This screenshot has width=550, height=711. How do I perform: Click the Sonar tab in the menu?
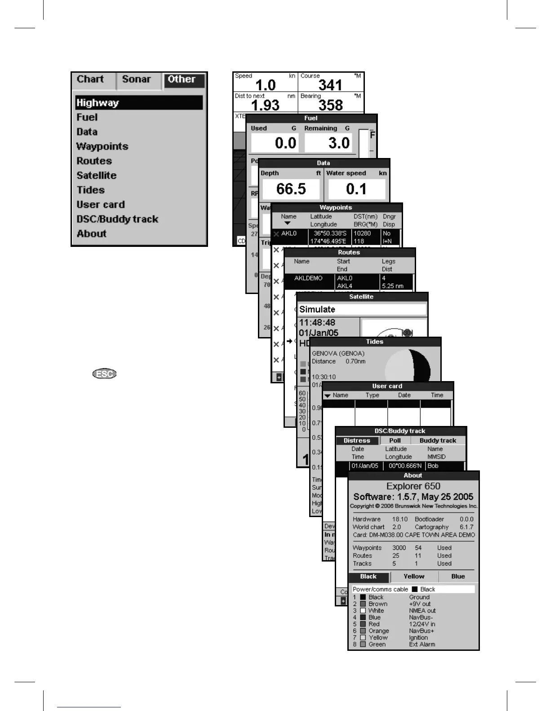(137, 79)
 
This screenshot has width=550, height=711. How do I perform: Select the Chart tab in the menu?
(90, 79)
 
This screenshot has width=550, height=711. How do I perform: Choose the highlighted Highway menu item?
(98, 103)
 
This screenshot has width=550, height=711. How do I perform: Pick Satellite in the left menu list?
(97, 176)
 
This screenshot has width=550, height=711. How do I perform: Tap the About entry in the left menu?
(92, 234)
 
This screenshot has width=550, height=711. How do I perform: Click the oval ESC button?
(104, 374)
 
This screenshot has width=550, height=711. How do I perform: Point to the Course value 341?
(330, 85)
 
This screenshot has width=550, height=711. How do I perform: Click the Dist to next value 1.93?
(265, 105)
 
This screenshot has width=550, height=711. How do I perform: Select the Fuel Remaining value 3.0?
(339, 143)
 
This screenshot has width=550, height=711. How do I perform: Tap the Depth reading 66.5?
(291, 189)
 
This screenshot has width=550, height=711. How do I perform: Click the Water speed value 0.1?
(356, 189)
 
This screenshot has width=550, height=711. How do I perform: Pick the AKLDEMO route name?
(308, 278)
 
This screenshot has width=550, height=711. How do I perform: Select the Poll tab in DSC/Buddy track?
(395, 440)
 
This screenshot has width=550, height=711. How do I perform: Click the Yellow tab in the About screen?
(414, 576)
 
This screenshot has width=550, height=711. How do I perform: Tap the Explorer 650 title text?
(413, 486)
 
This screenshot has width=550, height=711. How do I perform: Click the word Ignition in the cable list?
(418, 637)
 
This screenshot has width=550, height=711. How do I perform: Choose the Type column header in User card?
(372, 395)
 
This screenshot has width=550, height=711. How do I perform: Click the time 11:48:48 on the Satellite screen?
(317, 323)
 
